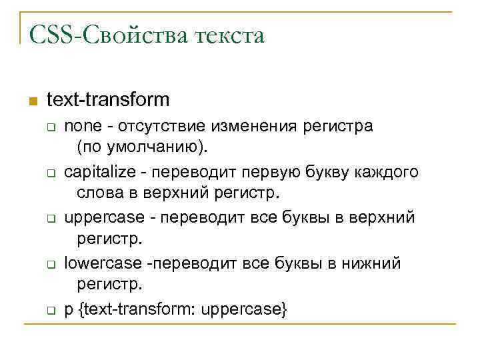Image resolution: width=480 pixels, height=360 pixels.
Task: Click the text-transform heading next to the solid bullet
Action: tap(108, 100)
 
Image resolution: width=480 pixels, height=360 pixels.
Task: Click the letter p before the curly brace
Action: tap(69, 311)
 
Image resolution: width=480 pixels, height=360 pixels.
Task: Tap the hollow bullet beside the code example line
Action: tap(50, 311)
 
